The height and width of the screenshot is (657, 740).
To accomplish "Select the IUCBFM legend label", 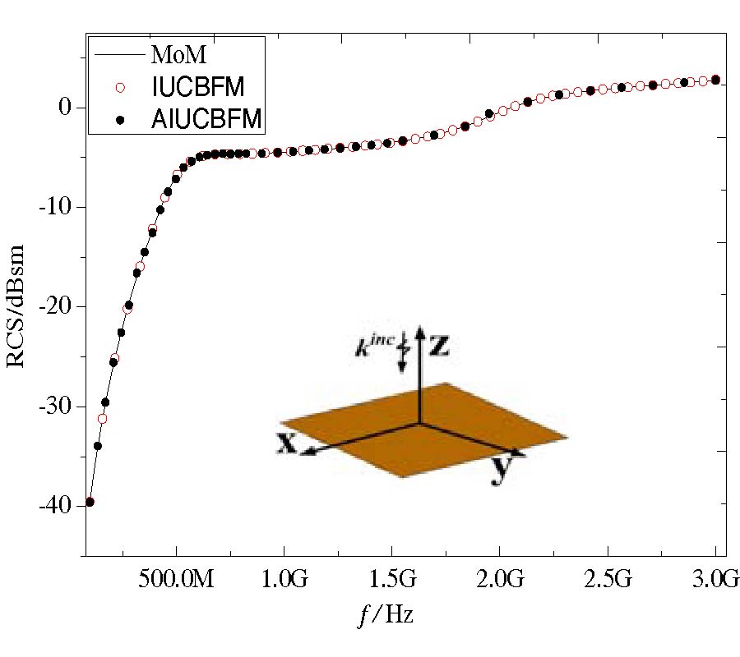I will (198, 88).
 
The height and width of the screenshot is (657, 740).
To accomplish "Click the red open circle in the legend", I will (121, 88).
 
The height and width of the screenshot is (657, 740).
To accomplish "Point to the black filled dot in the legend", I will (121, 120).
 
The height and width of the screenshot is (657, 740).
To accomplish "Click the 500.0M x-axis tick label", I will (175, 581).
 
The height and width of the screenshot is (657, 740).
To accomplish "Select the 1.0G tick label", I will (284, 581).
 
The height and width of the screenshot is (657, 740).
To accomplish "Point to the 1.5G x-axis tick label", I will (392, 581).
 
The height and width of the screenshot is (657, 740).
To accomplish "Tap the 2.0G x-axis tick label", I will (501, 581).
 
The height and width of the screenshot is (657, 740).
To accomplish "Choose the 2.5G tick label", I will (608, 581).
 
